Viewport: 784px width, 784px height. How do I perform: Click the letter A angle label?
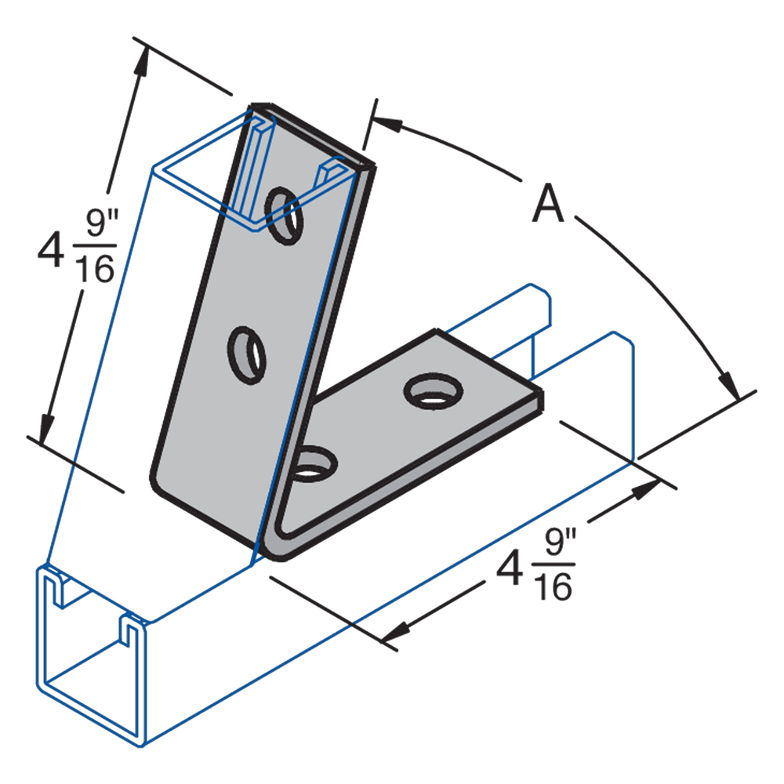[548, 206]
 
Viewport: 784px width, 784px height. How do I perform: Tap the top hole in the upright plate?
[283, 212]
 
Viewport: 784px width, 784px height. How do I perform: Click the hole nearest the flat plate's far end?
[430, 390]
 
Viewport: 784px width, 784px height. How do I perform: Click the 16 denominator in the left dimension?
[94, 270]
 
